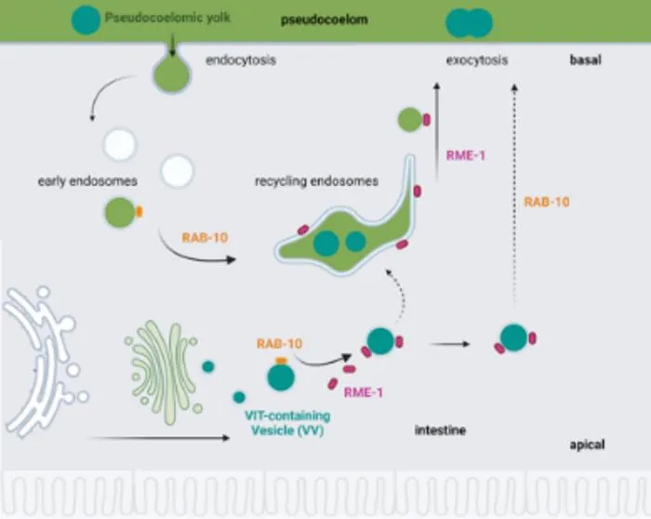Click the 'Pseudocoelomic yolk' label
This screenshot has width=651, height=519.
click(x=167, y=18)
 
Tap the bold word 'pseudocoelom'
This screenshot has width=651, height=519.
click(x=325, y=20)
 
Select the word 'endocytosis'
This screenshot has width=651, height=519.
click(x=241, y=60)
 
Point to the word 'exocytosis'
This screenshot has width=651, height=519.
click(x=477, y=60)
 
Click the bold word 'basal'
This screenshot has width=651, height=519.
click(x=585, y=60)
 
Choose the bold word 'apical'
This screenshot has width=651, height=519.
click(x=587, y=445)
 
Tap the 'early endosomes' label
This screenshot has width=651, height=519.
click(x=87, y=181)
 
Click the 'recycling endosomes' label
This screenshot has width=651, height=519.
click(x=317, y=181)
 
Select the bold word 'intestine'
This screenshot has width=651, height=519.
click(x=440, y=430)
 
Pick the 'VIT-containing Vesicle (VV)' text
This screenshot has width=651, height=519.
click(x=287, y=423)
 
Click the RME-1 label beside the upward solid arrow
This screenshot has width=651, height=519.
click(x=466, y=155)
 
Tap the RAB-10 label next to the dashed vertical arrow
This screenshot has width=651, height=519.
click(x=547, y=202)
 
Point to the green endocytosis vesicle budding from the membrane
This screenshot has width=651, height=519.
click(x=172, y=74)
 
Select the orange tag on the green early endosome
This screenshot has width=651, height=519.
click(x=139, y=212)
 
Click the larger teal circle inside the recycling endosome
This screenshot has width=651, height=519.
click(x=326, y=243)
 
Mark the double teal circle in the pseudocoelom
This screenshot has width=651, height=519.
click(x=469, y=23)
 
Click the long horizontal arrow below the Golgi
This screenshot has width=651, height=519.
click(x=158, y=438)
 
